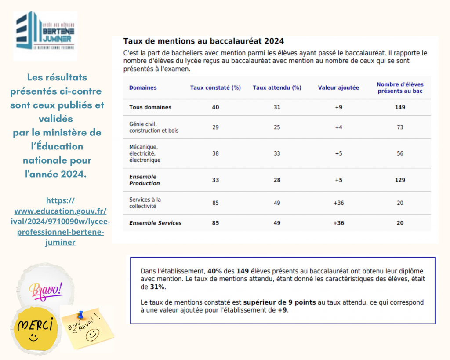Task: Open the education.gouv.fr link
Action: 60,221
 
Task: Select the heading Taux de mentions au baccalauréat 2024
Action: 203,41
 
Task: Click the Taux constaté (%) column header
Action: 215,87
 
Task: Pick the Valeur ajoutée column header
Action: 338,87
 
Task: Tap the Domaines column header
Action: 143,87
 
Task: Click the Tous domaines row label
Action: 150,107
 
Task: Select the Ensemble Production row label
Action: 145,180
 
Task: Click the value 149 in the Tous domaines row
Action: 399,107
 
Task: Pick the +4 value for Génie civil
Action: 338,127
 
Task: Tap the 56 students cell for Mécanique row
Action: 399,153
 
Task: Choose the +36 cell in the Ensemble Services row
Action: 338,223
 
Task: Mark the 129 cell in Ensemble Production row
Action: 399,180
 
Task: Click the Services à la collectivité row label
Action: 145,203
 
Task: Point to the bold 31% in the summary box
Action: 158,287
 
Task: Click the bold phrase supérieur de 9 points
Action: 279,302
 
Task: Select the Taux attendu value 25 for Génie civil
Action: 277,127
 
